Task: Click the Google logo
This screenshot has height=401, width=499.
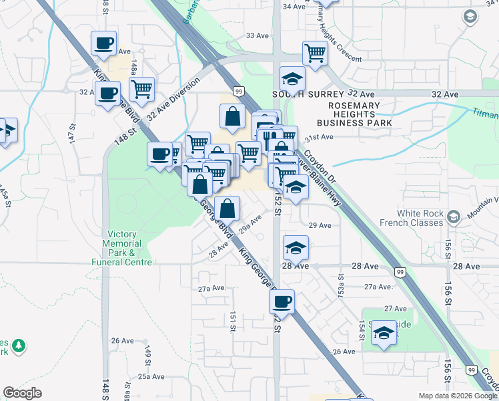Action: (22, 393)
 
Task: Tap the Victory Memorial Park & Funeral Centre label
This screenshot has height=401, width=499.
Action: (122, 248)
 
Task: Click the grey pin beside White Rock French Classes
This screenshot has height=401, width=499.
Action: (454, 217)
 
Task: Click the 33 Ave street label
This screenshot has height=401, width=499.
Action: (256, 35)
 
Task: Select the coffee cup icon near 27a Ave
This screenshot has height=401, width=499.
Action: (282, 301)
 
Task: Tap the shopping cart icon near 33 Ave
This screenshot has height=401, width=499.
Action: (315, 52)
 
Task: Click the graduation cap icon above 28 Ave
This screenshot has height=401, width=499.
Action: (296, 248)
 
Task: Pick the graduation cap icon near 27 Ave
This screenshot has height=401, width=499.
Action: (384, 333)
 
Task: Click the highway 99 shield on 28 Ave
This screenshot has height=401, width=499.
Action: (400, 271)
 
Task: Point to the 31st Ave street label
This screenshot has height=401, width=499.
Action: (318, 137)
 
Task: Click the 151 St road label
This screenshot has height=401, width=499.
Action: (233, 321)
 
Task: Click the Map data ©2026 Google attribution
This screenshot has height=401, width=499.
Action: (458, 396)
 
